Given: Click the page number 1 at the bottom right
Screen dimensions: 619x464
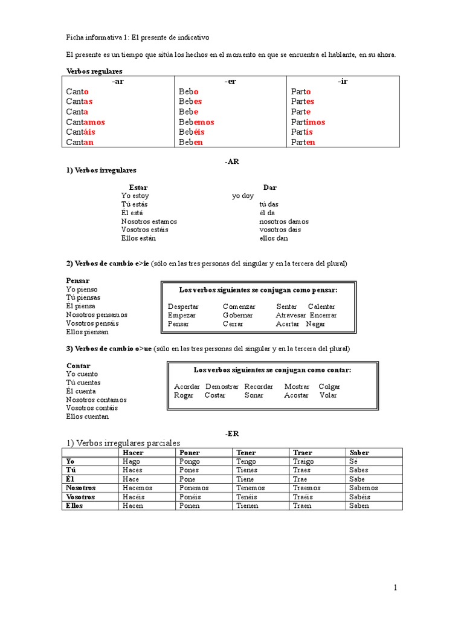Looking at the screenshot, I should [395, 588].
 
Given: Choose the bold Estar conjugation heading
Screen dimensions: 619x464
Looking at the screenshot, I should [138, 187].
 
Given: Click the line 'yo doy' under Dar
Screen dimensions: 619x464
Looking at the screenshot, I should [243, 196].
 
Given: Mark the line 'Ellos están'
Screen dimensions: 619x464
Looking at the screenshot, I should [138, 238].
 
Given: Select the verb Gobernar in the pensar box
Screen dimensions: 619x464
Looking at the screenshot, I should [237, 315].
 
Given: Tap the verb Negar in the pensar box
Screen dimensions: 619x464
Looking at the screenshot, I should [315, 323].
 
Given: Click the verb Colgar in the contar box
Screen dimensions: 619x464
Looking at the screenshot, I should [329, 386].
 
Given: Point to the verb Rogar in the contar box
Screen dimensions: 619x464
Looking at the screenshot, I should [184, 395].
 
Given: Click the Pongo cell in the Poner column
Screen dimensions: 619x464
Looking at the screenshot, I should [190, 461].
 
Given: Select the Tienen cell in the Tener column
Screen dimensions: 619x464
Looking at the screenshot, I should [247, 505].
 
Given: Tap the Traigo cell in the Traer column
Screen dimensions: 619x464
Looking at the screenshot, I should [303, 461].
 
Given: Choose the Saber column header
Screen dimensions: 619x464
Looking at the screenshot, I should [359, 452].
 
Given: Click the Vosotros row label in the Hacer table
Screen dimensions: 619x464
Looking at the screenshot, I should [80, 497].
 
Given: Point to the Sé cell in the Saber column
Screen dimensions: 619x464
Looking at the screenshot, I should [353, 461].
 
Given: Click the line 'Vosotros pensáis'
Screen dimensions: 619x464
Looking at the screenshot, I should [92, 323].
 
